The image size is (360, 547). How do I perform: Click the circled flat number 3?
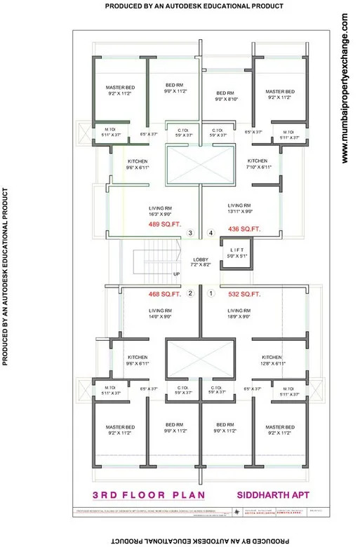189,233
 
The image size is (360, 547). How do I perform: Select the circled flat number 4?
210,233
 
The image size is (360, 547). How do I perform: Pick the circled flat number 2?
189,293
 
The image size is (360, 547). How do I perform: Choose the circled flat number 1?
210,293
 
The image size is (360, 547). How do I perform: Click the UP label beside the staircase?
176,273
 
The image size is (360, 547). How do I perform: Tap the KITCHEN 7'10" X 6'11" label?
259,164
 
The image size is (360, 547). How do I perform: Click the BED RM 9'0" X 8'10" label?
225,96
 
